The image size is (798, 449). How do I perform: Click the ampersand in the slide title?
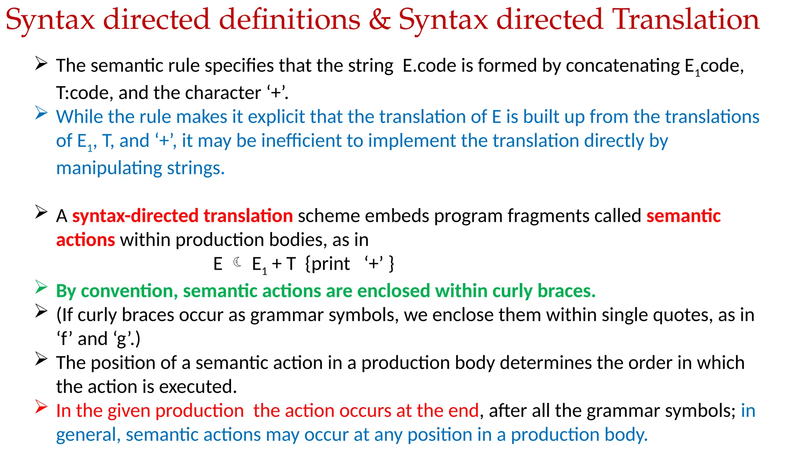tap(379, 19)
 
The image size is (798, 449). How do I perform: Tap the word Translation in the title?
tap(686, 19)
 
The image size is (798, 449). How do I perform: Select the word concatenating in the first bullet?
tap(623, 65)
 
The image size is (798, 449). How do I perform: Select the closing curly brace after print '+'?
tap(392, 263)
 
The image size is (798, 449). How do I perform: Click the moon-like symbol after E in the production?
tap(237, 262)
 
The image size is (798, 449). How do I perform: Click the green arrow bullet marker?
tap(41, 287)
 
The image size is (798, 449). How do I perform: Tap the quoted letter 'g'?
tap(122, 339)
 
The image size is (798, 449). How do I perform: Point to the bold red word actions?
tap(86, 240)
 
